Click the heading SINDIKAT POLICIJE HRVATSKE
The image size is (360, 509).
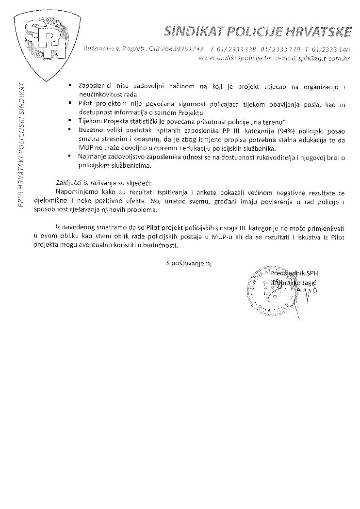click(258, 32)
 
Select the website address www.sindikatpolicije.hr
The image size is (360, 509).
click(228, 58)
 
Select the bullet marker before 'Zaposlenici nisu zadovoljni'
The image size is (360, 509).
click(71, 86)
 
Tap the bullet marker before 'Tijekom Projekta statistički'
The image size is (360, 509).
click(71, 121)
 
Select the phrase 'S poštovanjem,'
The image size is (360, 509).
click(189, 263)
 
